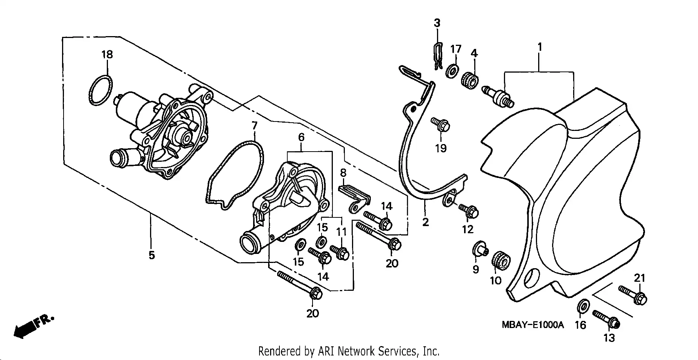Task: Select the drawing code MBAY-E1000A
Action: coord(533,325)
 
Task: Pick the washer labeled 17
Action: coord(451,70)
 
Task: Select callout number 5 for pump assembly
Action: coord(152,255)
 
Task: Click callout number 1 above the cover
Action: coord(540,48)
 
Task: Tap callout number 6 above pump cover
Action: coord(301,137)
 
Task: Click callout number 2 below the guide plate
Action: coord(425,222)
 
